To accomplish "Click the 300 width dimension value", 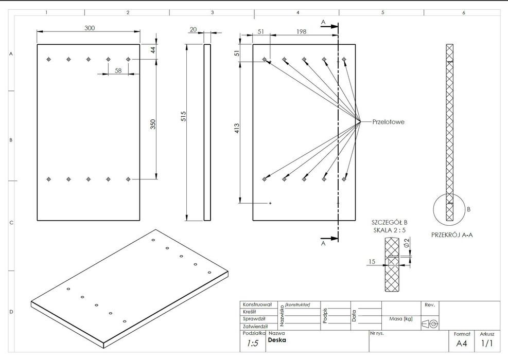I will [x=89, y=28].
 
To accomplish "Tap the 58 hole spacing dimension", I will [x=118, y=70].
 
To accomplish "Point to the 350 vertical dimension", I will [x=153, y=124].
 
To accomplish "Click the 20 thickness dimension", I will [x=193, y=30].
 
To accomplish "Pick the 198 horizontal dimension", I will [x=301, y=31].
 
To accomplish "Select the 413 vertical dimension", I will [x=236, y=128].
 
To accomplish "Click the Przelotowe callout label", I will [x=389, y=122].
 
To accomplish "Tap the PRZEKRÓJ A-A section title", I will [x=452, y=235].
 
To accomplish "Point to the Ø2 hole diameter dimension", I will [x=406, y=242].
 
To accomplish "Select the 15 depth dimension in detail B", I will [x=372, y=262].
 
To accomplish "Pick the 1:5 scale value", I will [x=252, y=343].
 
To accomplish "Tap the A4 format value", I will [x=462, y=343].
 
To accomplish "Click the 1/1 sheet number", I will [x=486, y=343].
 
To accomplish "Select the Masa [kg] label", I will [x=401, y=318].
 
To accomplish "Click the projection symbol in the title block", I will [x=430, y=323].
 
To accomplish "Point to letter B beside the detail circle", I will [x=468, y=210].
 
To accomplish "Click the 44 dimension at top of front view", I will [x=153, y=50].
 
